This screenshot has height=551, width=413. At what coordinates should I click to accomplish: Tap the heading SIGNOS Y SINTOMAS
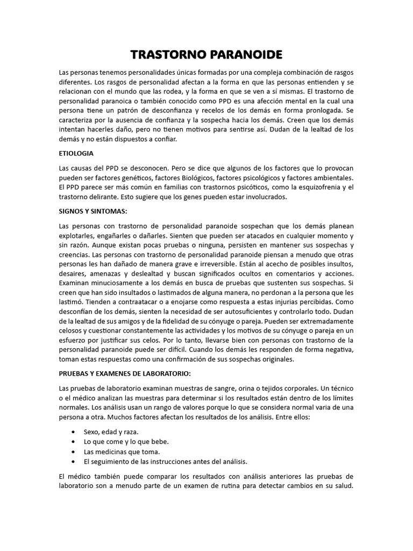(x=92, y=211)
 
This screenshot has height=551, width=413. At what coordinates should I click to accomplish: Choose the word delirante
(x=102, y=197)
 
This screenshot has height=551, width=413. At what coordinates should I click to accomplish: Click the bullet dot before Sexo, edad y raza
(x=73, y=432)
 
